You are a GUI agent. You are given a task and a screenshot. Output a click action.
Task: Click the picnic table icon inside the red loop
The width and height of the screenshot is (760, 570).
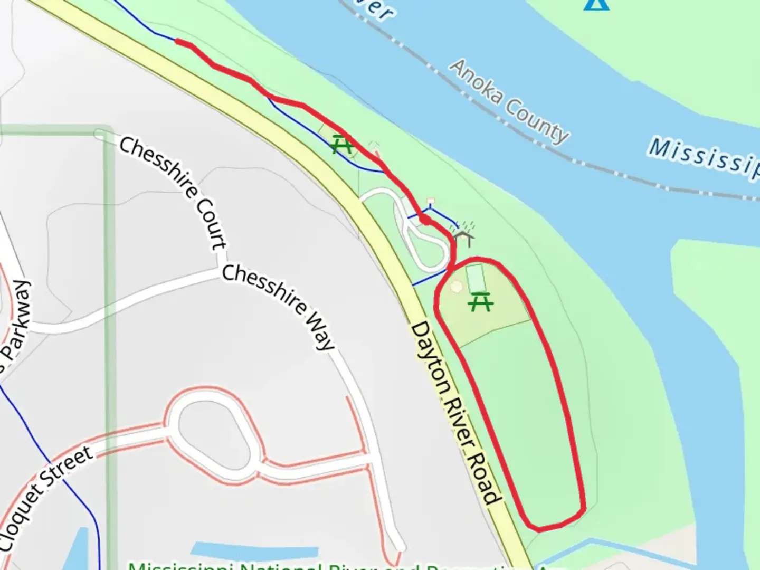point(481,302)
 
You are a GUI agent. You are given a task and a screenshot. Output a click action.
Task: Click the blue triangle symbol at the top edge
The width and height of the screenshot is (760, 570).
point(597,4)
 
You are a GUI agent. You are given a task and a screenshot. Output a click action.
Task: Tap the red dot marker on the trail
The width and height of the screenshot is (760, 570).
point(424,219)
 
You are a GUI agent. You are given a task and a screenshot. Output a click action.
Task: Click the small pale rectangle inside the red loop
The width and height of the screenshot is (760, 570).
point(477,278)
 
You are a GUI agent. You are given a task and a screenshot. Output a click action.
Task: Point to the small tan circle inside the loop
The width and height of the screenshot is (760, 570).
point(457,287)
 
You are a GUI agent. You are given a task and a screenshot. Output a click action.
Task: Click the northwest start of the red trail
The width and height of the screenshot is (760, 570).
point(177,41)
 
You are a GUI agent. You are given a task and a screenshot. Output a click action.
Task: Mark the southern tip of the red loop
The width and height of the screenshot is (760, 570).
point(544,527)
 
